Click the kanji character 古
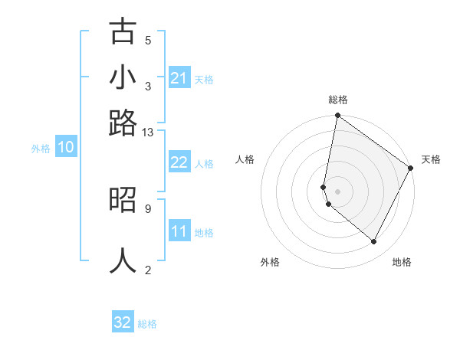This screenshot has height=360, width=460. pyautogui.click(x=123, y=32)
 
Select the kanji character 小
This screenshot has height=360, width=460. pyautogui.click(x=123, y=77)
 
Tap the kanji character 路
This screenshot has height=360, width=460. pyautogui.click(x=123, y=123)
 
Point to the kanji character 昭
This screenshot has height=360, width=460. pyautogui.click(x=123, y=199)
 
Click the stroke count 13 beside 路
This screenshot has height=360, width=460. pyautogui.click(x=148, y=132)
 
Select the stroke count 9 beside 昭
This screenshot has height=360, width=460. pyautogui.click(x=148, y=208)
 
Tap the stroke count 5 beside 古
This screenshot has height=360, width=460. pyautogui.click(x=148, y=40)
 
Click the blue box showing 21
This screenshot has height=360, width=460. pyautogui.click(x=179, y=78)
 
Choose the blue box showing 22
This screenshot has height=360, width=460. pyautogui.click(x=179, y=162)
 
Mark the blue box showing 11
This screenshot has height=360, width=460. pyautogui.click(x=179, y=231)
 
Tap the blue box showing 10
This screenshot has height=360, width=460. pyautogui.click(x=65, y=148)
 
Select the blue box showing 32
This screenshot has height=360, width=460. pyautogui.click(x=123, y=322)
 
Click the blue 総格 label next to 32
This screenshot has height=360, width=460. pyautogui.click(x=147, y=324)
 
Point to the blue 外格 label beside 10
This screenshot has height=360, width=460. pyautogui.click(x=41, y=149)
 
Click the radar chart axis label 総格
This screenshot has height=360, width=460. pyautogui.click(x=338, y=100)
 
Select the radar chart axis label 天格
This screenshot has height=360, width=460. pyautogui.click(x=431, y=159)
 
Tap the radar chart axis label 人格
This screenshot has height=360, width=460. pyautogui.click(x=245, y=159)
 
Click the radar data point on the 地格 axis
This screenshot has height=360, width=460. pyautogui.click(x=374, y=242)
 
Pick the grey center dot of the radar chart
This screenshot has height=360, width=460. pyautogui.click(x=338, y=191)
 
